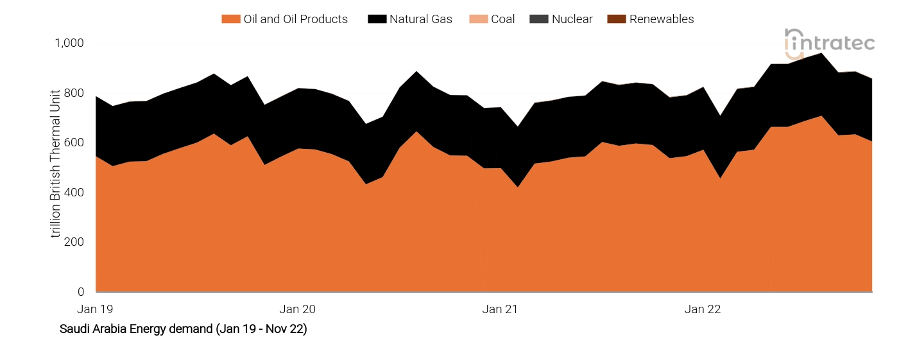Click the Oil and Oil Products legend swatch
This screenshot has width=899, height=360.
click(x=230, y=19)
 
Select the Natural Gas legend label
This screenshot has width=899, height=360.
click(x=420, y=19)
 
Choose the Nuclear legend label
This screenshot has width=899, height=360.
click(x=572, y=19)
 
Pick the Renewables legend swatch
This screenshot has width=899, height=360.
click(x=615, y=19)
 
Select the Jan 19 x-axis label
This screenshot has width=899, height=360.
click(x=95, y=309)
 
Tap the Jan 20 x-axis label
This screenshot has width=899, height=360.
click(x=298, y=309)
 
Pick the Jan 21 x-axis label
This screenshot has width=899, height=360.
click(x=500, y=309)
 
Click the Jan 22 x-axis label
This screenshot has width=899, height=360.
click(x=703, y=309)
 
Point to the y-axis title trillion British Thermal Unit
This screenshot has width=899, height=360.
click(x=56, y=163)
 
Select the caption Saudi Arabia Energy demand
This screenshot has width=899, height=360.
click(x=183, y=329)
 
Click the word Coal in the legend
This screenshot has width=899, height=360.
click(x=503, y=19)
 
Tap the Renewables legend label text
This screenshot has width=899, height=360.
click(x=661, y=19)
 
